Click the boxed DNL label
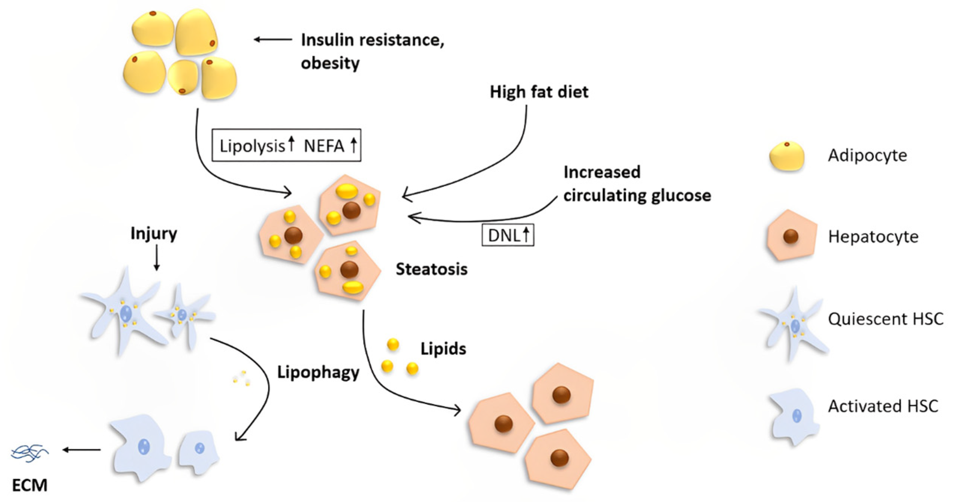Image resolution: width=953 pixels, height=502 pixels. tap(507, 235)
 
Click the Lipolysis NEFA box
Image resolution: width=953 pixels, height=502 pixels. tap(286, 146)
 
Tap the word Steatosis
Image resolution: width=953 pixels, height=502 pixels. tap(431, 269)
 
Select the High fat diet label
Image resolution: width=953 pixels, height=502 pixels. tap(539, 92)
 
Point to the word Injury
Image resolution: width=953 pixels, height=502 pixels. tap(153, 234)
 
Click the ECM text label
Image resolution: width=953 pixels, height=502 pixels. tap(30, 486)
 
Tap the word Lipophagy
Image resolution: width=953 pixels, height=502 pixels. tap(318, 373)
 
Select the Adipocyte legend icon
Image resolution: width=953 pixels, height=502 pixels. tap(786, 156)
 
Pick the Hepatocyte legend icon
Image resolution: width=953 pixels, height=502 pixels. tap(791, 236)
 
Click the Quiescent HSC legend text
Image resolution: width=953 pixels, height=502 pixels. tap(885, 319)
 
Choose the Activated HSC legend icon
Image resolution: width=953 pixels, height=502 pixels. tap(793, 416)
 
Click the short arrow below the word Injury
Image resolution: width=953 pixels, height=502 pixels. tap(157, 258)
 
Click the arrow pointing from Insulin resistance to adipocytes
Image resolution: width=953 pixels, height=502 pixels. tap(273, 39)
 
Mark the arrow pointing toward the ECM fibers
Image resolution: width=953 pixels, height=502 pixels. tap(82, 450)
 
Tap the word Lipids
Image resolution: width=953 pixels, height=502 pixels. tap(443, 349)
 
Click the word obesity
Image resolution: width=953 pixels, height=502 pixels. tap(330, 63)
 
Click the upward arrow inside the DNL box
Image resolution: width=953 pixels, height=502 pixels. tap(526, 235)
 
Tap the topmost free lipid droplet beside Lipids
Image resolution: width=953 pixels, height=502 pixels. tap(393, 344)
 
